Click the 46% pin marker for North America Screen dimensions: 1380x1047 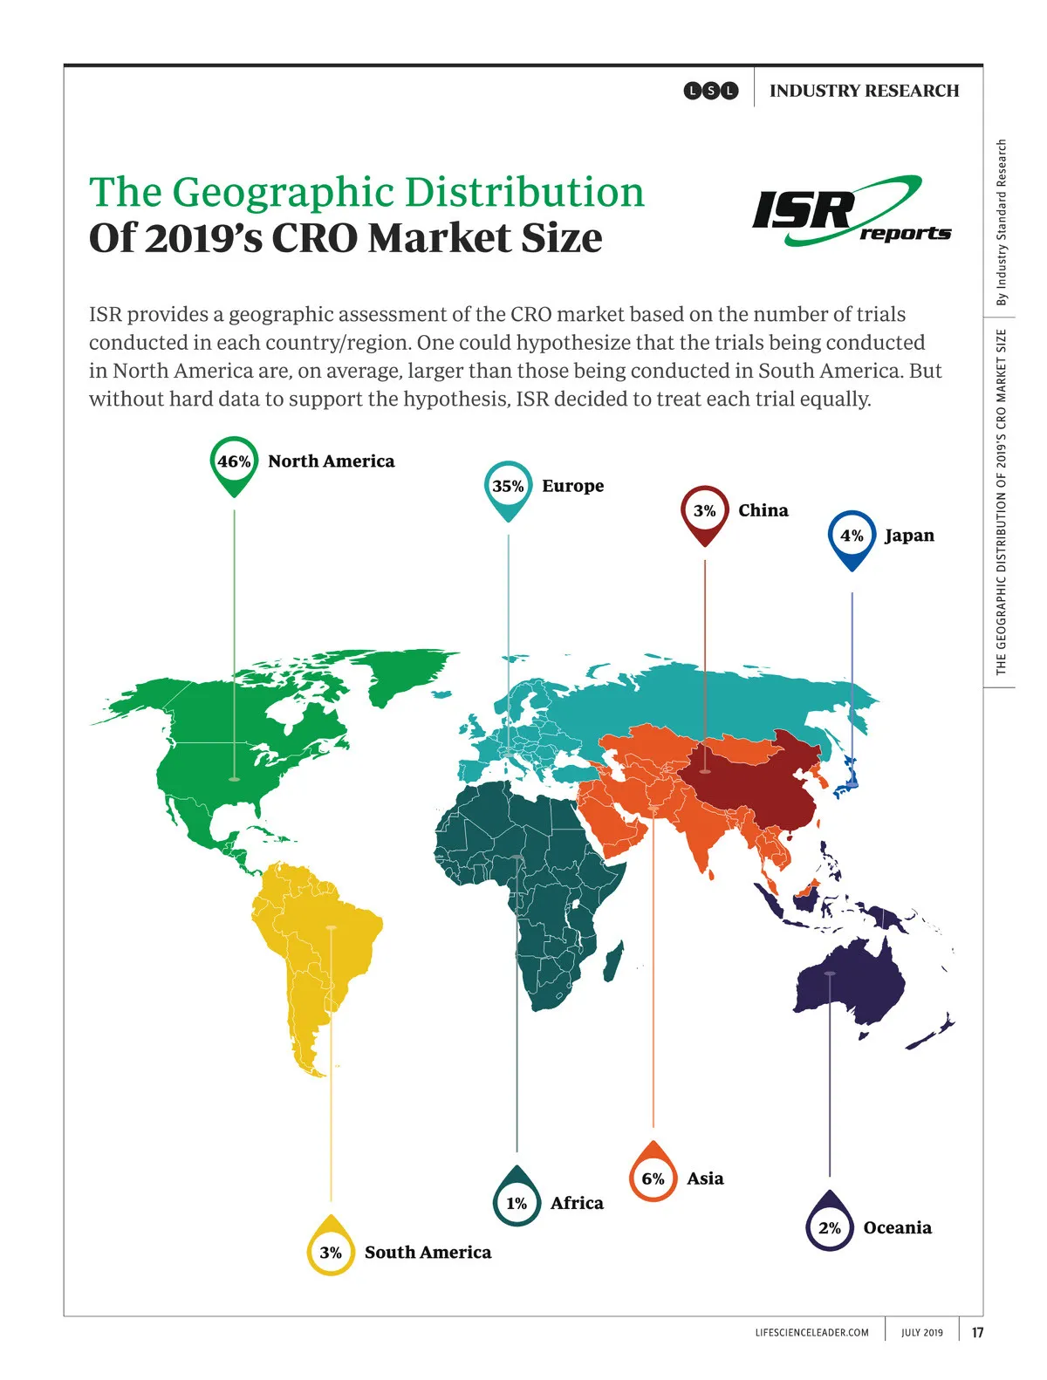234,462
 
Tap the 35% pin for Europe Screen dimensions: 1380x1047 508,487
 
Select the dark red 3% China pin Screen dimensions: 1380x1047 704,511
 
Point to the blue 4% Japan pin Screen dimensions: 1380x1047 852,536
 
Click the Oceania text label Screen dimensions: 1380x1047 897,1227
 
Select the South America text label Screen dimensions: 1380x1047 428,1252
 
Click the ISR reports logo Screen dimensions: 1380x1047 851,212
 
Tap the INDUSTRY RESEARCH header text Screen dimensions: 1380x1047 864,91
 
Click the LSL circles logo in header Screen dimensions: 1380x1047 710,91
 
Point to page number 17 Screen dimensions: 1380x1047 977,1332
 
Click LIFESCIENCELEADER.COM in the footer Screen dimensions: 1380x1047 811,1332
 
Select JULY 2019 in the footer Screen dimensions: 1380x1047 921,1332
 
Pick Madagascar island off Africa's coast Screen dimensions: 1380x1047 614,960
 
